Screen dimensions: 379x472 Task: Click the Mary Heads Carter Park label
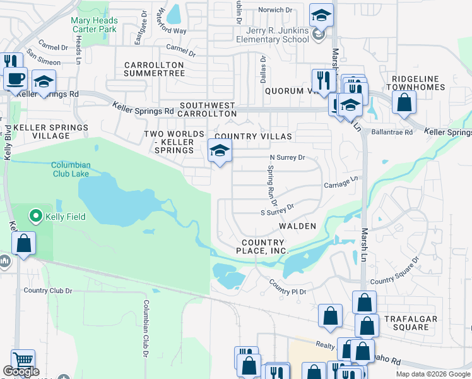94,25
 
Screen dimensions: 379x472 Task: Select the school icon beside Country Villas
220,150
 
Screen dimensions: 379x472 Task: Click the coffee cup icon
15,78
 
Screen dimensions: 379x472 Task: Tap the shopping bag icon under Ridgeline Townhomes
403,102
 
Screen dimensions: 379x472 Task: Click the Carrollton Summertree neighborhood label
154,69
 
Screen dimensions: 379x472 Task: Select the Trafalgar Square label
410,323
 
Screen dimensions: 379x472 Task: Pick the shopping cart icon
23,360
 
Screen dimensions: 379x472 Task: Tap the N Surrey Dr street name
287,157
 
